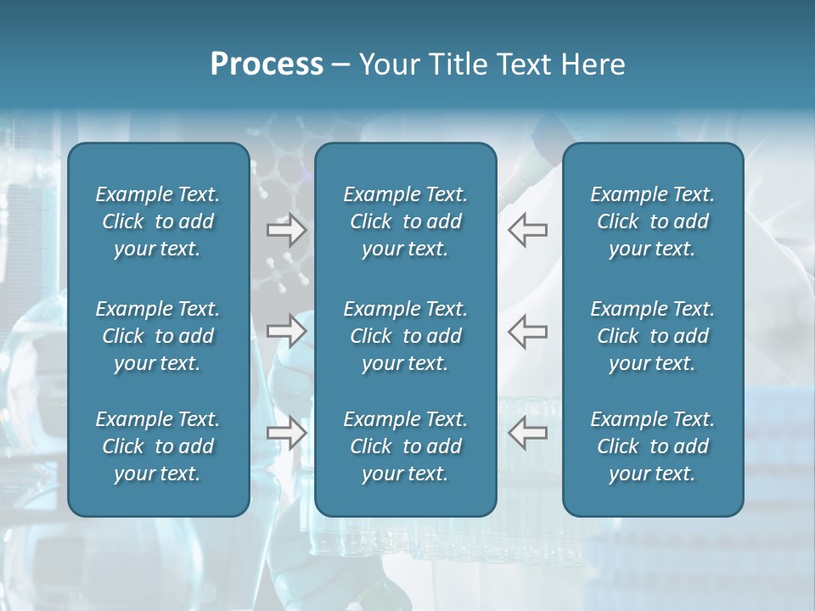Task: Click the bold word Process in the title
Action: coord(267,64)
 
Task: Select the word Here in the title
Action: coord(593,64)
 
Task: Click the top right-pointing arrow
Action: coord(287,230)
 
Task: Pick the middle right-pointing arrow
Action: coord(287,330)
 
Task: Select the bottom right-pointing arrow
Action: coord(287,433)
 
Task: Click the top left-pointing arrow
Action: coord(527,230)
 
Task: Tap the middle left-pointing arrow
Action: coord(527,330)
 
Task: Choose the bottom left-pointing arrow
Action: coord(527,433)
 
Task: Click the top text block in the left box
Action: coord(158,221)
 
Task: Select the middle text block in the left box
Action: coord(158,336)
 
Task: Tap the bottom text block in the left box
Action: coord(158,446)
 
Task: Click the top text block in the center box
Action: coord(405,221)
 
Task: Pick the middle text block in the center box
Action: coord(405,336)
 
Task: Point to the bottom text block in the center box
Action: coord(405,446)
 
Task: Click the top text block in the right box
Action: coord(652,221)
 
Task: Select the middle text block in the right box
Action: coord(652,336)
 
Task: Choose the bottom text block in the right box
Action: coord(652,446)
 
